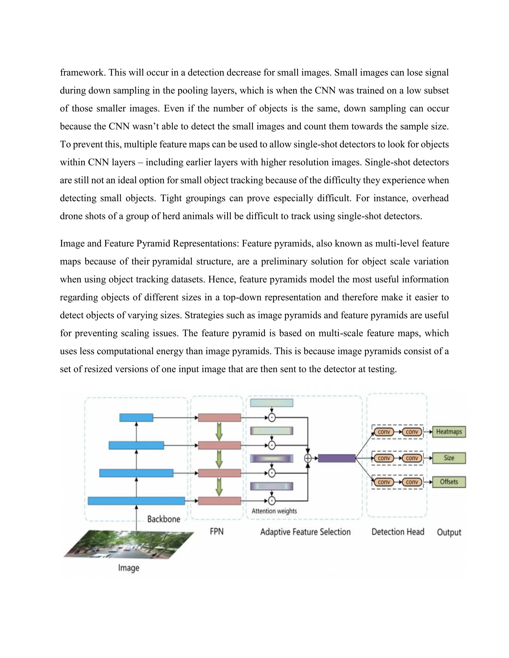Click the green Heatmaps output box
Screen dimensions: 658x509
click(449, 432)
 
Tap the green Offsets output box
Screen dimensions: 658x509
click(449, 482)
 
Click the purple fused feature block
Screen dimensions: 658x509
click(337, 458)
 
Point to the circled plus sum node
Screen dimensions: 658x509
click(308, 458)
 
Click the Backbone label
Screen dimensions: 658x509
click(164, 519)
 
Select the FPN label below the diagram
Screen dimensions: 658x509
click(216, 531)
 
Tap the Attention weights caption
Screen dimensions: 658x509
click(274, 511)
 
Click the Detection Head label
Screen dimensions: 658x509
click(398, 532)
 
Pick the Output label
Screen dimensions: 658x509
click(449, 532)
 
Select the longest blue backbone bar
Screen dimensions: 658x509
click(136, 501)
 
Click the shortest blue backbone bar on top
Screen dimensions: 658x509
click(136, 418)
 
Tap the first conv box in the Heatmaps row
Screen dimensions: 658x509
click(384, 432)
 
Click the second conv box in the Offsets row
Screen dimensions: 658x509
click(412, 482)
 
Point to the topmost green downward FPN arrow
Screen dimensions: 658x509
click(219, 432)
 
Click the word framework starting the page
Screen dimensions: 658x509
click(82, 73)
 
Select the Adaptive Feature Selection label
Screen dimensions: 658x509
click(305, 532)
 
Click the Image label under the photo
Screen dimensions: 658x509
click(128, 568)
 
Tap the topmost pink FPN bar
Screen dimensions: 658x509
click(219, 418)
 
